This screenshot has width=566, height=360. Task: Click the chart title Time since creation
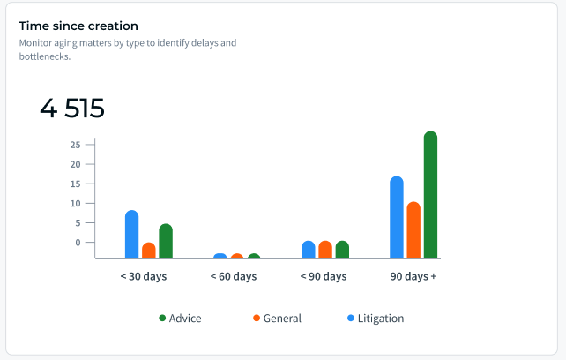click(78, 26)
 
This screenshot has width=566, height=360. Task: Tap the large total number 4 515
click(72, 108)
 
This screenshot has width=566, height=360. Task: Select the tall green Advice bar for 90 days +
click(430, 194)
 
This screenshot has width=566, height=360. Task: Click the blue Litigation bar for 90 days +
click(397, 217)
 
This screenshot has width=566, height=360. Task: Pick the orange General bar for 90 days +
click(413, 230)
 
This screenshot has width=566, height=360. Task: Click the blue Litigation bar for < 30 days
click(131, 234)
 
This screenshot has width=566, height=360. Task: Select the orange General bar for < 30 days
click(149, 250)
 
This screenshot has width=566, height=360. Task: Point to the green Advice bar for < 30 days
click(166, 241)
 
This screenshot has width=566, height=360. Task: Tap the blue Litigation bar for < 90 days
click(309, 250)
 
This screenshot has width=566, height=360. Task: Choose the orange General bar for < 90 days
click(325, 250)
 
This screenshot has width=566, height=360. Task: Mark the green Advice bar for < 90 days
click(342, 250)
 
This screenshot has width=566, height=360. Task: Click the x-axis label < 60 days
click(234, 276)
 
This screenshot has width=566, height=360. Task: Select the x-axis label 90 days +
click(413, 276)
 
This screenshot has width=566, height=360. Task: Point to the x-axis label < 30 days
click(144, 276)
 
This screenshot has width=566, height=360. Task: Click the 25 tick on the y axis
click(76, 145)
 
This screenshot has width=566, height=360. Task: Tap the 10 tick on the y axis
click(76, 204)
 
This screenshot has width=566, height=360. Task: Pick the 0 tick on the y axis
click(78, 243)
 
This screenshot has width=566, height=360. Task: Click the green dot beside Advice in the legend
click(162, 318)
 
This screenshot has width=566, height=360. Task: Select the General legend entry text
click(282, 319)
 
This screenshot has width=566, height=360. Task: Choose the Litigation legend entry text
click(381, 319)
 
